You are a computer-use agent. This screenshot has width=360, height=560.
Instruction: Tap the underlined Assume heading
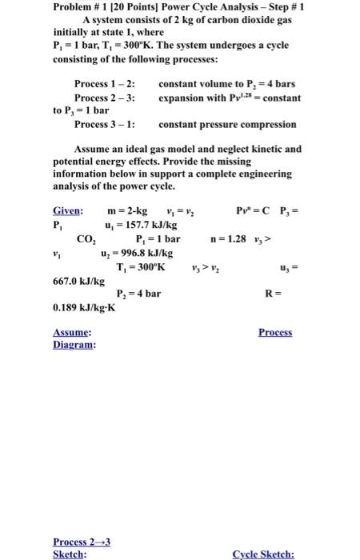pyautogui.click(x=71, y=332)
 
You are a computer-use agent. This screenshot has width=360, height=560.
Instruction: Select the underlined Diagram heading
pyautogui.click(x=74, y=345)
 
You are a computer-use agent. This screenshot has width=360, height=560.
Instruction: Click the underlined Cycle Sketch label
pyautogui.click(x=263, y=553)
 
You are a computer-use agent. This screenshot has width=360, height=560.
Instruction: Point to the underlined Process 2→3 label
pyautogui.click(x=81, y=541)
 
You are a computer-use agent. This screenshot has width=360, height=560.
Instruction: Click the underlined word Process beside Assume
pyautogui.click(x=275, y=332)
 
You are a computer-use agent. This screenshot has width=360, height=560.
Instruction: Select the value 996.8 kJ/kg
pyautogui.click(x=142, y=252)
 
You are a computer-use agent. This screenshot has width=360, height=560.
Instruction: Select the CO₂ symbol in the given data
pyautogui.click(x=86, y=238)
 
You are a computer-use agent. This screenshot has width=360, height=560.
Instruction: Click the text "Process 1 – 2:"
pyautogui.click(x=105, y=84)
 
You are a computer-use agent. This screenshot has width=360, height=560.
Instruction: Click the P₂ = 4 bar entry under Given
pyautogui.click(x=138, y=294)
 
